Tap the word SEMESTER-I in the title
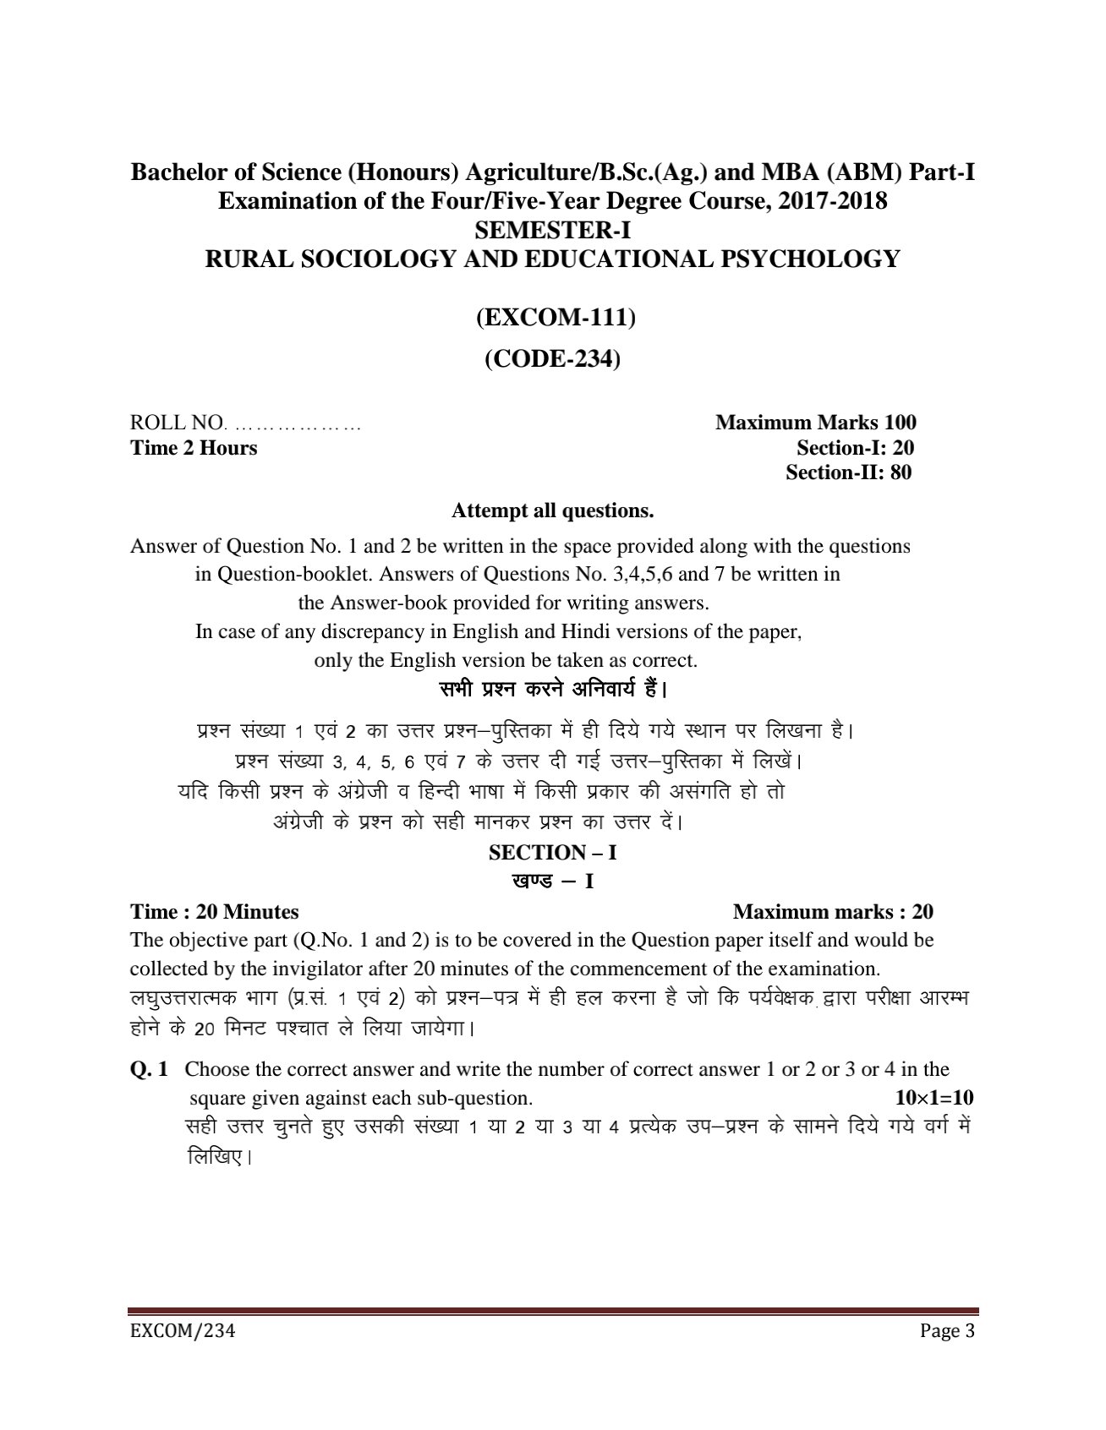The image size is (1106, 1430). click(x=552, y=230)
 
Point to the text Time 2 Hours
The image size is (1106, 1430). click(x=194, y=448)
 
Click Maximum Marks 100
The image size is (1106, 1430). click(x=815, y=423)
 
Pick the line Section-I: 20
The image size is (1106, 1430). click(x=855, y=448)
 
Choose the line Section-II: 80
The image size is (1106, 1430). click(x=848, y=472)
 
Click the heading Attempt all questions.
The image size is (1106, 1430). click(x=552, y=510)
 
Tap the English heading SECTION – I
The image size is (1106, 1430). click(x=552, y=853)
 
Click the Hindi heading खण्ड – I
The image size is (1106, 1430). click(x=552, y=881)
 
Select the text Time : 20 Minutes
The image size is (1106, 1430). click(x=214, y=912)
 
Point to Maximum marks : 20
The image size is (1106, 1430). click(x=833, y=912)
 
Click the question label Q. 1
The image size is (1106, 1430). click(x=149, y=1069)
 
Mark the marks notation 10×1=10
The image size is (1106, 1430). click(x=934, y=1098)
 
